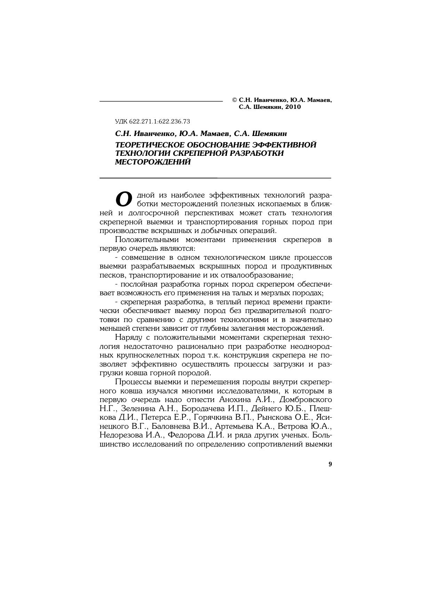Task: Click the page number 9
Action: [330, 464]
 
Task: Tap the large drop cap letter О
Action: [124, 199]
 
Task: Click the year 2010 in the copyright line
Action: [293, 107]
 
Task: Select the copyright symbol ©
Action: [235, 100]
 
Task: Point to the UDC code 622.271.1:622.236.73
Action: [159, 121]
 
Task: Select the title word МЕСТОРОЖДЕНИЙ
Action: [153, 162]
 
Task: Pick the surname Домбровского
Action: [306, 400]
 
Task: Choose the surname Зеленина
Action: [137, 409]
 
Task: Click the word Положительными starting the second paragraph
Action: [147, 240]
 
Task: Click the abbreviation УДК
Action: [121, 121]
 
